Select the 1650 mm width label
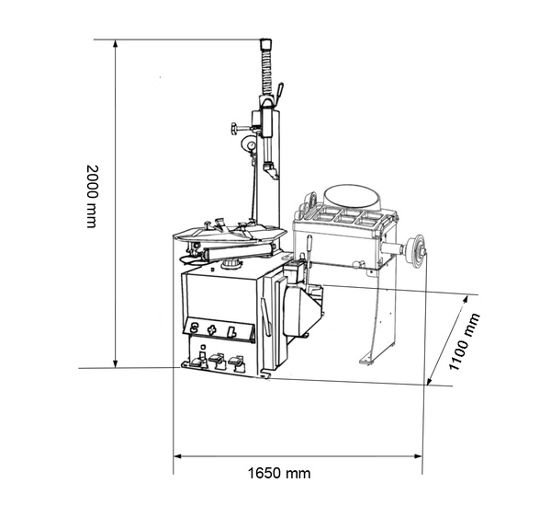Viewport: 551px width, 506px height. pos(279,474)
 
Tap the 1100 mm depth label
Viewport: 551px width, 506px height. pos(465,342)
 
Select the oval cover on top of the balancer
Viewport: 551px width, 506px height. pos(349,196)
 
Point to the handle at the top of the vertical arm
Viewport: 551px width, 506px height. pos(267,43)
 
